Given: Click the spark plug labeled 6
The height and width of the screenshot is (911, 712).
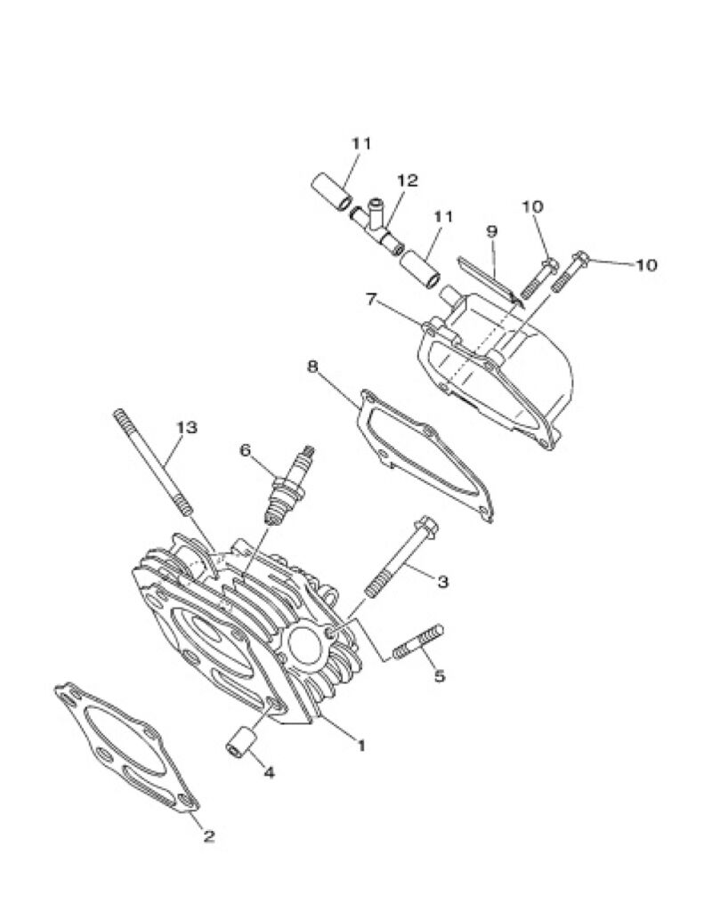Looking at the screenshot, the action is [x=287, y=485].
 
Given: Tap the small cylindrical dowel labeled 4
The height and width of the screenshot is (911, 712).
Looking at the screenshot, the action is [x=240, y=741].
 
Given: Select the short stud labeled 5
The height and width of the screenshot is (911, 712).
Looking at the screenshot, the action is [x=418, y=641].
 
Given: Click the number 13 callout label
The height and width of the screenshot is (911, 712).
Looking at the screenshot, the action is [x=187, y=428].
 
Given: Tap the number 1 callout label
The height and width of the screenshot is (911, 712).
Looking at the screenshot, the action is [x=361, y=746].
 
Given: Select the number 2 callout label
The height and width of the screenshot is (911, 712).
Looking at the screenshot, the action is [x=208, y=836].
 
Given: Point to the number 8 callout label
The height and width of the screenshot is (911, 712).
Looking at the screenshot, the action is [x=312, y=367].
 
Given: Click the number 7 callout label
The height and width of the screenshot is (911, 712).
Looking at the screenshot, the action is [x=371, y=299].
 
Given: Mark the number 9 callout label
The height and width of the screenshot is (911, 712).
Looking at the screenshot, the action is [x=491, y=231].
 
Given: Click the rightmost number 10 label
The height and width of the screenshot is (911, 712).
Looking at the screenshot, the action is [x=646, y=265].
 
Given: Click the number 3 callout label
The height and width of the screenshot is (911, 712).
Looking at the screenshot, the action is [x=443, y=581].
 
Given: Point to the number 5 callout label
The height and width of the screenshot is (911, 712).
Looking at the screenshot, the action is [x=440, y=676].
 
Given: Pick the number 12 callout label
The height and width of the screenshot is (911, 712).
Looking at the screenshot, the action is [x=408, y=180].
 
